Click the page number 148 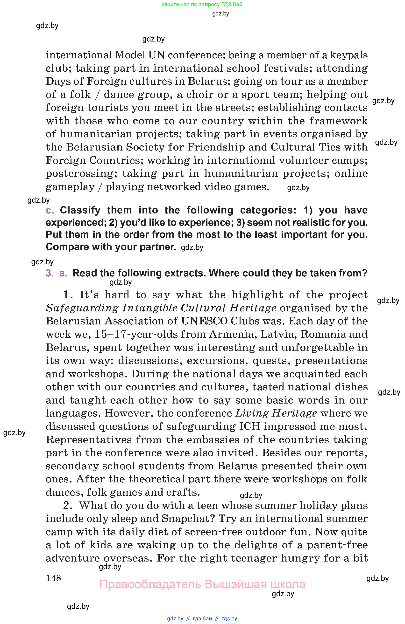point(53,578)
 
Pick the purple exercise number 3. point(49,273)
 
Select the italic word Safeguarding point(82,308)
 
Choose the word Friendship point(216,147)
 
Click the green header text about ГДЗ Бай point(202,4)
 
